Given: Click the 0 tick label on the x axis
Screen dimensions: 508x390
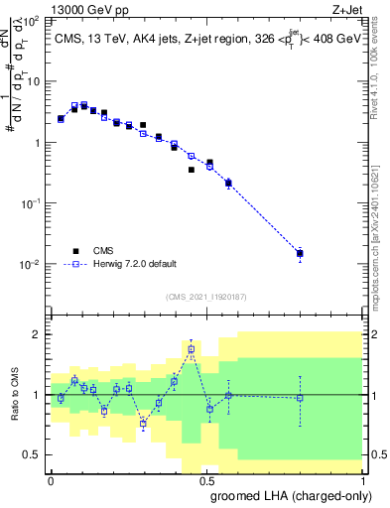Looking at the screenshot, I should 51,479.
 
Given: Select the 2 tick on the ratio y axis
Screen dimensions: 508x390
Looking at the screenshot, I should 36,333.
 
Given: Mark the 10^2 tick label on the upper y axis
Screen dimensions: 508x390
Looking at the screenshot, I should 30,21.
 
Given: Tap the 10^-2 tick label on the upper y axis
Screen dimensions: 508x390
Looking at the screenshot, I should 30,265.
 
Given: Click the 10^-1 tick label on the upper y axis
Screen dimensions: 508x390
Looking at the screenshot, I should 30,203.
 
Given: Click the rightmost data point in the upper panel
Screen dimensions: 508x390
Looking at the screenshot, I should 300,253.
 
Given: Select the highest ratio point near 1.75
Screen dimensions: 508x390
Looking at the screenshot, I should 192,349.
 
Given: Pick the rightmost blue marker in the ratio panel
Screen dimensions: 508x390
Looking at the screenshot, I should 300,397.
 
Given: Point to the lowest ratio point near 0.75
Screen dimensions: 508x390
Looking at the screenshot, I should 143,424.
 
